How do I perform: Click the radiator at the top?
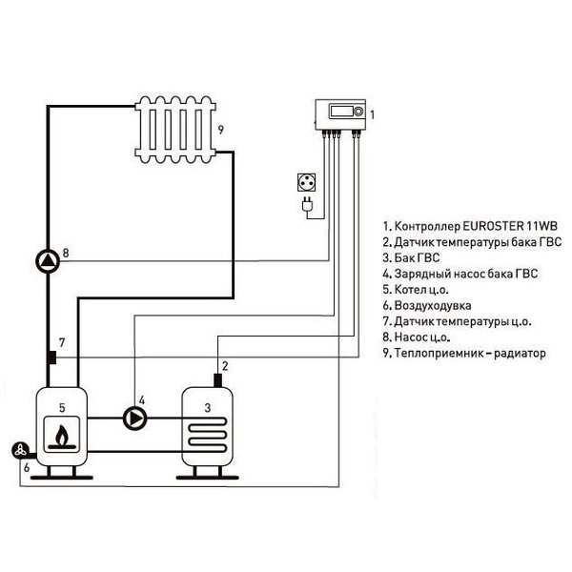pyautogui.click(x=176, y=128)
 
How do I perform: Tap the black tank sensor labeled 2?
pyautogui.click(x=218, y=380)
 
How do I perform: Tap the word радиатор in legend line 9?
pyautogui.click(x=520, y=353)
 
